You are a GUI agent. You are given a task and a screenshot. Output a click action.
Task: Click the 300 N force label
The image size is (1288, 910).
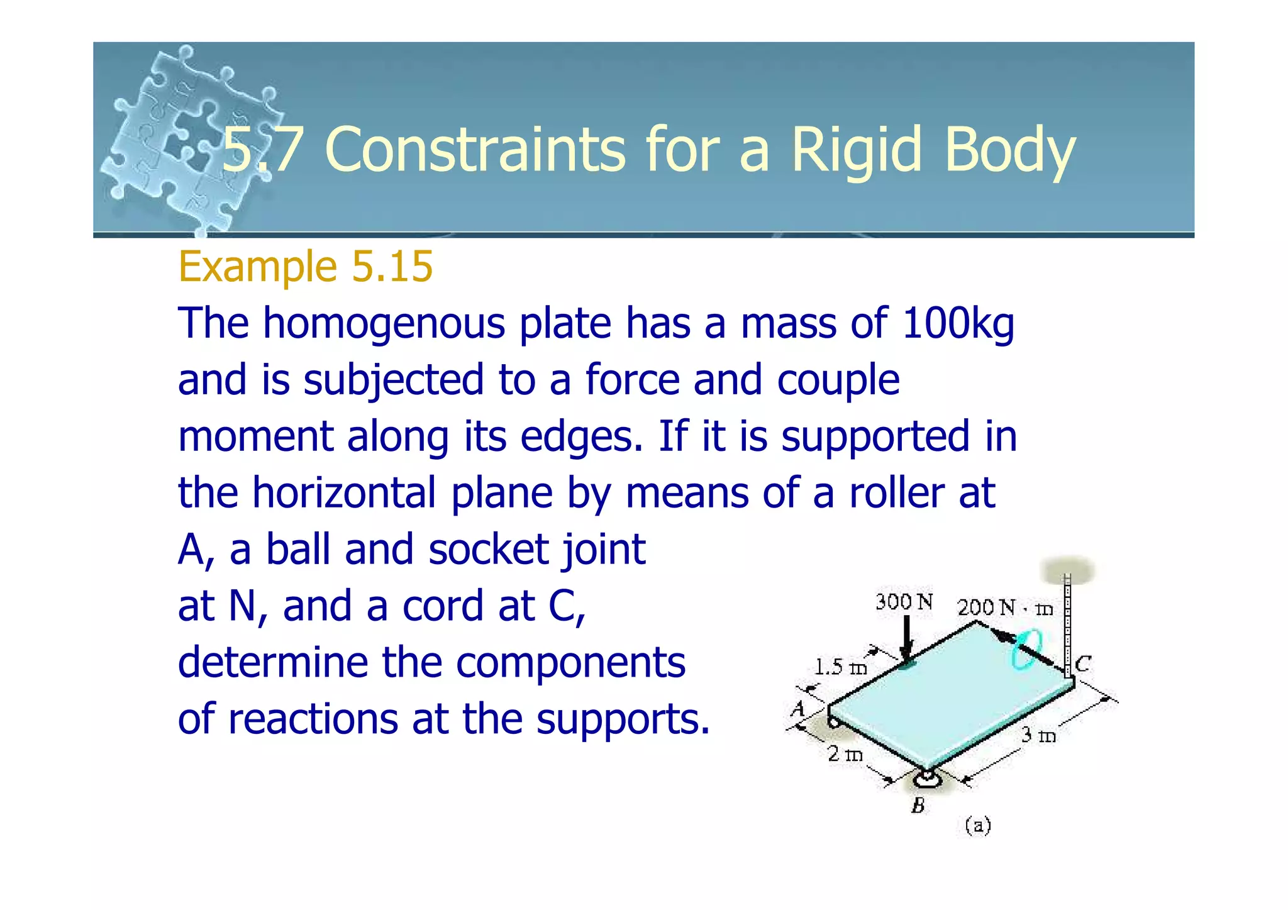904,602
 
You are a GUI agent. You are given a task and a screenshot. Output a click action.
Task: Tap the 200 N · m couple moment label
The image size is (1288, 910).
1004,608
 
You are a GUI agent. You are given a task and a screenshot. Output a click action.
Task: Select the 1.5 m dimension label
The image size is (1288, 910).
840,667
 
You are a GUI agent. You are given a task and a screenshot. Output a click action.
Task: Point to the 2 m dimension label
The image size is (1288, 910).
845,753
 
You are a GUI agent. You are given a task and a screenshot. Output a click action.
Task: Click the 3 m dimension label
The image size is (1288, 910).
1038,735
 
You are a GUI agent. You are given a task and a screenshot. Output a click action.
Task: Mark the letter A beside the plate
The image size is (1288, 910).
797,709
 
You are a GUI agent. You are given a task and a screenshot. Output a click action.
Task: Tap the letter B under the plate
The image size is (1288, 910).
918,806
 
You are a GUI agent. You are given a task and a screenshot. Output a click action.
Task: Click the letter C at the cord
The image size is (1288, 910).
1082,664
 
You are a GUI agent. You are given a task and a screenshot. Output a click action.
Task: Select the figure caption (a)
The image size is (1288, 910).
978,825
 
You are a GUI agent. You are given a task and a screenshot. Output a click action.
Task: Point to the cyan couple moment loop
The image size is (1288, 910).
1026,650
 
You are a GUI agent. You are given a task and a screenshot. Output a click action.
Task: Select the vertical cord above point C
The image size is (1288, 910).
1067,623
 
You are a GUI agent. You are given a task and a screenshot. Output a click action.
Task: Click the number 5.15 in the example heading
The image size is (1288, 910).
392,267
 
